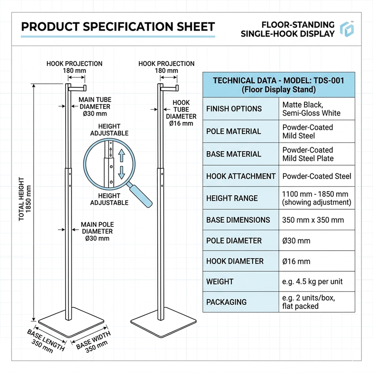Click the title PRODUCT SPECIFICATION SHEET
click(x=118, y=26)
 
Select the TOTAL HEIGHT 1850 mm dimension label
click(x=24, y=199)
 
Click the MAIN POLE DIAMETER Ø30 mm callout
click(x=97, y=231)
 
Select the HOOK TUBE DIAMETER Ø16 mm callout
click(x=181, y=113)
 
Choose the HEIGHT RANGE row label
click(x=232, y=198)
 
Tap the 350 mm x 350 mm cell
click(x=313, y=220)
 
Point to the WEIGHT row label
click(x=220, y=281)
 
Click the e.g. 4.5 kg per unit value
click(x=312, y=281)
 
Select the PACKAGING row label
click(x=227, y=302)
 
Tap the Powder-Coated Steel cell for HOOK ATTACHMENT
click(x=317, y=176)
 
